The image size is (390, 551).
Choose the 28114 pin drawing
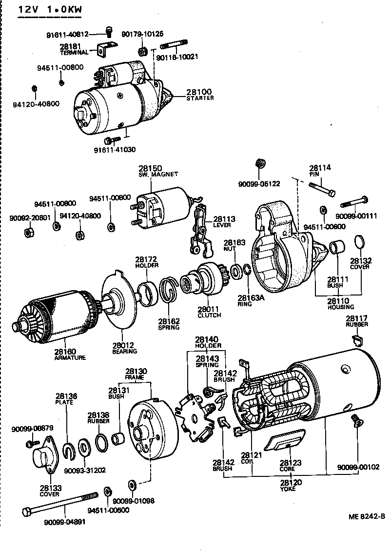tap(322, 189)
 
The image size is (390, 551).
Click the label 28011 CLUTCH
tap(209, 312)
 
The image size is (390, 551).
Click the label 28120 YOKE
tap(288, 486)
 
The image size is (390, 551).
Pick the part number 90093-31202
tap(85, 471)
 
